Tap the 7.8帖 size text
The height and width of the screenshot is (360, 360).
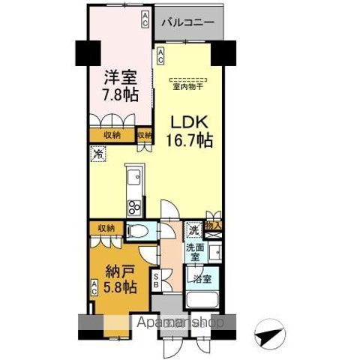tap(118, 95)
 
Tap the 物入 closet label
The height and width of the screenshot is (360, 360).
tap(214, 224)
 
